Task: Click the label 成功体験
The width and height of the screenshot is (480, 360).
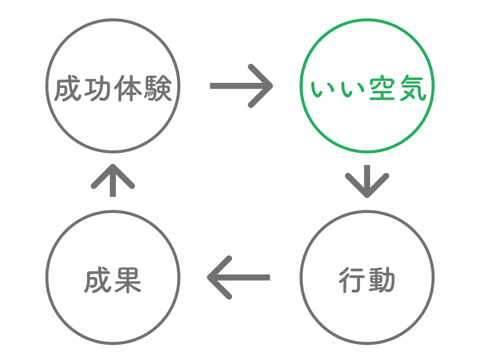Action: coord(113,88)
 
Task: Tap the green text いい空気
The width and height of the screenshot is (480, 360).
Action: coord(367,88)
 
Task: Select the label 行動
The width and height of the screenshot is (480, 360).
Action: coord(367,280)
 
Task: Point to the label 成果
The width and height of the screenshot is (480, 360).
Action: coord(113,280)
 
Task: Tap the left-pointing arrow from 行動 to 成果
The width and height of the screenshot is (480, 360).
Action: coord(239,277)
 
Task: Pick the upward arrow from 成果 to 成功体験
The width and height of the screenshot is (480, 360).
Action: coord(113,180)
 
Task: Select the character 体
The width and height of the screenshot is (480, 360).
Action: coord(128,88)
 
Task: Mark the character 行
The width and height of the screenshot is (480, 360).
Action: coord(352,280)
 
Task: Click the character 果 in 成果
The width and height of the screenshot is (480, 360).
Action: coord(128,280)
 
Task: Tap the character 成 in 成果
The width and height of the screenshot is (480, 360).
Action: coord(98,280)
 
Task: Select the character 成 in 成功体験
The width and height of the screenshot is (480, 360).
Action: coord(68,89)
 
